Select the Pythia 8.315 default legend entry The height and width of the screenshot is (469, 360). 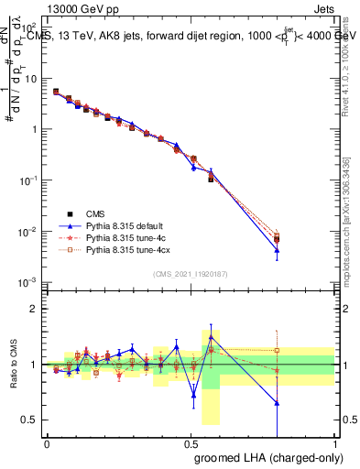125,224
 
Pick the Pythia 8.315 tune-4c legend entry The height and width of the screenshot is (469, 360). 125,236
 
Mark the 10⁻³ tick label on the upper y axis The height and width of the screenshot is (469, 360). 29,282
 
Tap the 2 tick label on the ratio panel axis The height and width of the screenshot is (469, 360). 35,309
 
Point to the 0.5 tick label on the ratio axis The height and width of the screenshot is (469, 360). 31,420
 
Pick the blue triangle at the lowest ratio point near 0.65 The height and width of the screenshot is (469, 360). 277,403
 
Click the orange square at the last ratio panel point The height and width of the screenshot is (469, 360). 277,350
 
